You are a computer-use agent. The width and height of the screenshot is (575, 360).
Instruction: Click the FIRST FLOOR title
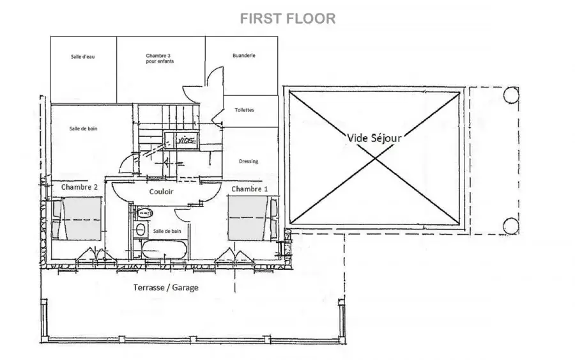[288, 19]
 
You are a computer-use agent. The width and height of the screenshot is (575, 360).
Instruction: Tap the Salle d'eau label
[83, 56]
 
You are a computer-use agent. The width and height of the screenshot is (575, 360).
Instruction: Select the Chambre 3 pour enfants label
[160, 58]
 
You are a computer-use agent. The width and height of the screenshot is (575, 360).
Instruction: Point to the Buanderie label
[244, 56]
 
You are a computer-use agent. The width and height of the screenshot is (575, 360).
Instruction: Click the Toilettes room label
[244, 110]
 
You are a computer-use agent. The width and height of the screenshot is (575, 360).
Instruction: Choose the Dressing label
[249, 161]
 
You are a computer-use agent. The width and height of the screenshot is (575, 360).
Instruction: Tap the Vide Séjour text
[374, 138]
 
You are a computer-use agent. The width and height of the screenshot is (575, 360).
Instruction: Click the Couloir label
[162, 191]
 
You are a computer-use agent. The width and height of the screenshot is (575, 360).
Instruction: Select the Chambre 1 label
[249, 189]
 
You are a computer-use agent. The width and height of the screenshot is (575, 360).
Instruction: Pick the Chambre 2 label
[79, 187]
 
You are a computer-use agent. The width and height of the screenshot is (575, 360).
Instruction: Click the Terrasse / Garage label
[165, 287]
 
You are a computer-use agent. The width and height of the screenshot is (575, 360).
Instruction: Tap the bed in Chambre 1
[252, 219]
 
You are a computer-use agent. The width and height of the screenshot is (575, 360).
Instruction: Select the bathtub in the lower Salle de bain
[164, 250]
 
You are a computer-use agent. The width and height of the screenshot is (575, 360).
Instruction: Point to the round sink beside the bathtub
[140, 230]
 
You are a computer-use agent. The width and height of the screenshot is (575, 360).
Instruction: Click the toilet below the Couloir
[144, 212]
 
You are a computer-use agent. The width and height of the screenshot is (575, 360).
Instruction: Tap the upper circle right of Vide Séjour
[511, 95]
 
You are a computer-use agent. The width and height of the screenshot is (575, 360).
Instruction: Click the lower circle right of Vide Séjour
[511, 226]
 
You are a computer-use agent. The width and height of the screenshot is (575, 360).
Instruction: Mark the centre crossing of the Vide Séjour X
[374, 158]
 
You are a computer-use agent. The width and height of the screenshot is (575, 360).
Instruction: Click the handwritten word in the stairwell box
[187, 140]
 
